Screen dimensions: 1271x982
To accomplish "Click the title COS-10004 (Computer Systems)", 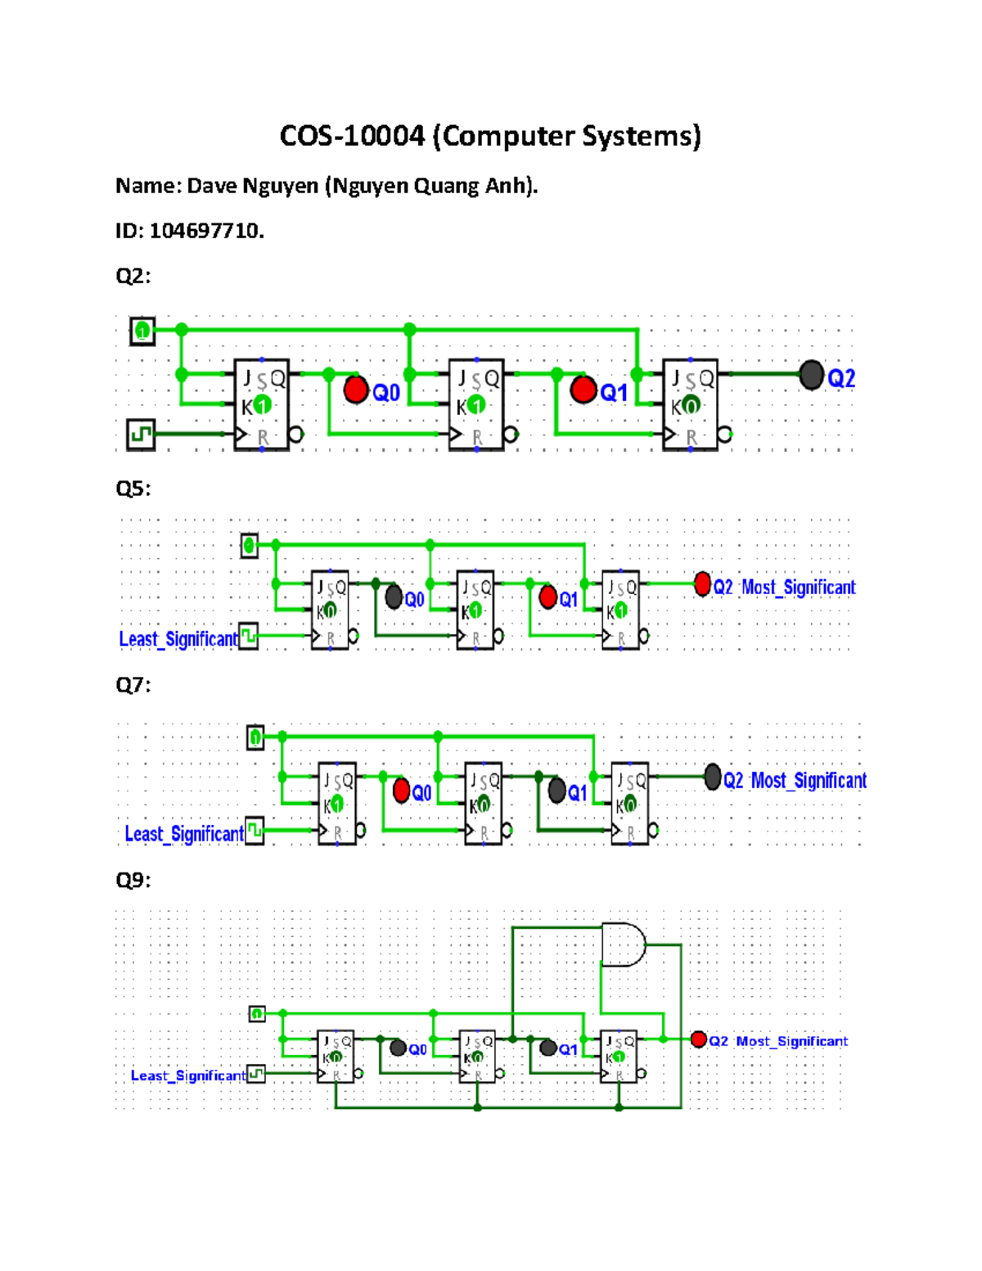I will coord(490,136).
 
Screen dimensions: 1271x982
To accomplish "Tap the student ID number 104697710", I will coord(205,231).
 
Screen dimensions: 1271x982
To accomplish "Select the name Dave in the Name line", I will coord(212,187).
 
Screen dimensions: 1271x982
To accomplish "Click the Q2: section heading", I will coord(133,276).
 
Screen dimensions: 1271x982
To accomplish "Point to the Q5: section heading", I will coord(133,489).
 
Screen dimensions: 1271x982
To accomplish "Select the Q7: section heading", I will coord(133,685).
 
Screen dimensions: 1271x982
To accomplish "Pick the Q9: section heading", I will coord(133,881).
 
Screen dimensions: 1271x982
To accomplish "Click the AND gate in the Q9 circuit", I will coord(623,945).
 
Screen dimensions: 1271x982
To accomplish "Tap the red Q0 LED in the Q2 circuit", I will coord(356,390).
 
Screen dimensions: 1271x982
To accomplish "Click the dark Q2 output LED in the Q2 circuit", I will coord(811,376).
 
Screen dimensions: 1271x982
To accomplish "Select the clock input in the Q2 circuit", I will coord(142,434).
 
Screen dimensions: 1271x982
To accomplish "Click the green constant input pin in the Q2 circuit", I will coord(142,331).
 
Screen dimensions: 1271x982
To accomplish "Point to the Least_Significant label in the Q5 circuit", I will coord(178,639).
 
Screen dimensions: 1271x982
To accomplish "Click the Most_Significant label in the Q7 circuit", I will coord(809,781).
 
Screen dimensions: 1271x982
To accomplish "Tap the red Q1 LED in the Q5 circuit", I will coord(548,597).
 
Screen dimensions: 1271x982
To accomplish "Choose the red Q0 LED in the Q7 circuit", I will coord(401,791).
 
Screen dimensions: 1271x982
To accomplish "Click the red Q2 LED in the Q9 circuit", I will coord(698,1039).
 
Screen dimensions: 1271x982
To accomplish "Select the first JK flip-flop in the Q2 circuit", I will coord(262,405).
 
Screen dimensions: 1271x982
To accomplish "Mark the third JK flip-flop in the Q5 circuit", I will coord(620,611).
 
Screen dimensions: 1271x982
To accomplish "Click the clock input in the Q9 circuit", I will coord(256,1074).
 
